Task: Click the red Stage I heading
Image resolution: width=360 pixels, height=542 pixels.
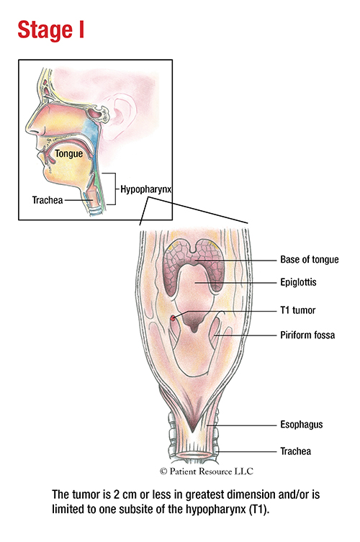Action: [51, 30]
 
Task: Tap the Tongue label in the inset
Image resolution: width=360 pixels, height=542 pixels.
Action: [69, 154]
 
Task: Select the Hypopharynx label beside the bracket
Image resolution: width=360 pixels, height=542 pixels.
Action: [146, 189]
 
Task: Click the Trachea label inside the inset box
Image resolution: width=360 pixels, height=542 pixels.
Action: [48, 200]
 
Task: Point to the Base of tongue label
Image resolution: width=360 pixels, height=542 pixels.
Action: [309, 260]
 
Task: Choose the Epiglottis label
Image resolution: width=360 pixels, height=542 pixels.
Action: [298, 282]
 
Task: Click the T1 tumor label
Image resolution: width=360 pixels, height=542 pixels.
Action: [298, 310]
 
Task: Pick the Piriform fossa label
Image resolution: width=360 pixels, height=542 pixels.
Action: [307, 335]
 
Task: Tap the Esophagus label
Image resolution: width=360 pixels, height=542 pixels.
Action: [301, 425]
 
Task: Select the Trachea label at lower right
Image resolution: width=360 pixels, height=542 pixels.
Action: [295, 451]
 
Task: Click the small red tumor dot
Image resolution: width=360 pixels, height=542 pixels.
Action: [173, 318]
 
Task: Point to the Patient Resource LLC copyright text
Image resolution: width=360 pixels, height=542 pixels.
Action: [207, 471]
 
